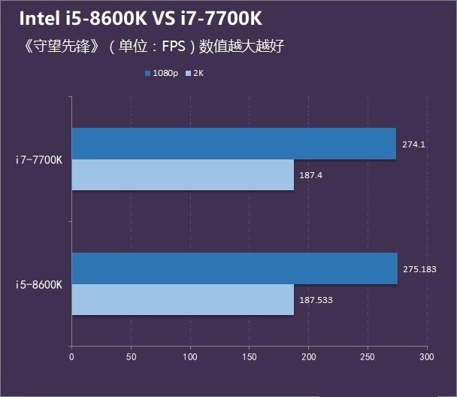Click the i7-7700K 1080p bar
[233, 144]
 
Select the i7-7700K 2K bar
[182, 175]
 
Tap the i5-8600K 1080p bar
[234, 268]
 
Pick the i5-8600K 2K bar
[182, 299]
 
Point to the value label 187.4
[313, 176]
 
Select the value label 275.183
[419, 268]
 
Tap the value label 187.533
[316, 300]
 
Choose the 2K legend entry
[198, 74]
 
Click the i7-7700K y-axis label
[39, 160]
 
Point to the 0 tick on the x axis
[71, 357]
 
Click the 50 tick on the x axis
[131, 357]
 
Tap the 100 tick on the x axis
[190, 357]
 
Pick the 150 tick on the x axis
[250, 357]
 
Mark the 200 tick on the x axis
[308, 357]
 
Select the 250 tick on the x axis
[368, 357]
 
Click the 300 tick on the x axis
[427, 357]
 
